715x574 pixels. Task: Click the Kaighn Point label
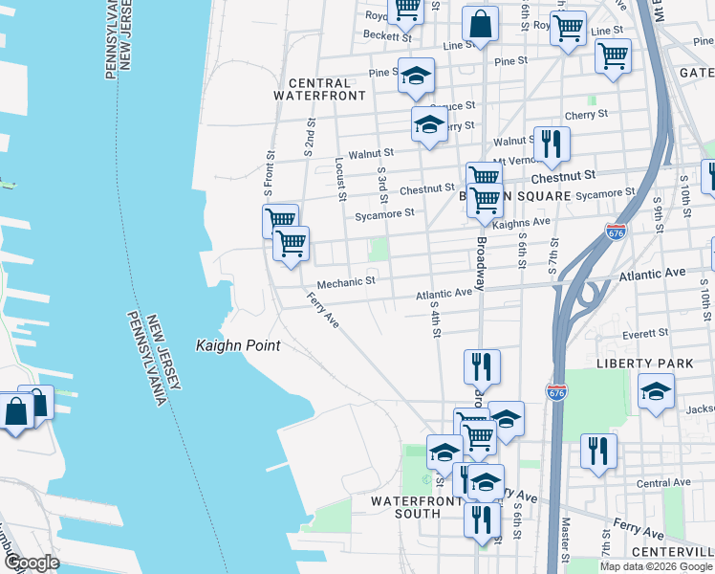pos(238,345)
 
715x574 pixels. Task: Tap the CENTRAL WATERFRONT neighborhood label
pos(320,89)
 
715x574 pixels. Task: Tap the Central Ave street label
pos(663,483)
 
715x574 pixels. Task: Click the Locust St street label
pos(340,180)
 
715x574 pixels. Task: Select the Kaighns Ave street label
pos(527,222)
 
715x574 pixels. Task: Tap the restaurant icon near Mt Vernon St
pos(552,144)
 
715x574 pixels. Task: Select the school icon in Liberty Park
pos(656,391)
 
